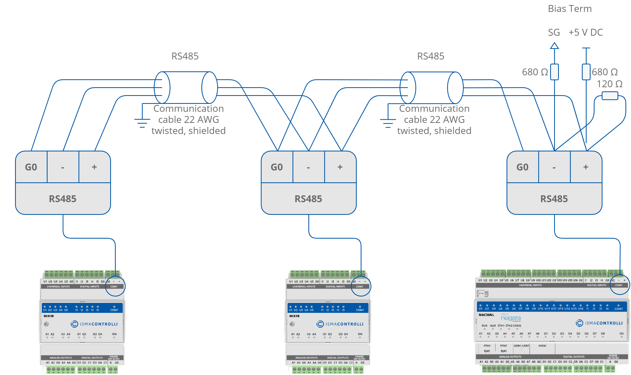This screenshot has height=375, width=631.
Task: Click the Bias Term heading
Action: pyautogui.click(x=569, y=9)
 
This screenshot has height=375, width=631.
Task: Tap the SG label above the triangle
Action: pyautogui.click(x=554, y=33)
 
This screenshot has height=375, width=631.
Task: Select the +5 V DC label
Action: pyautogui.click(x=586, y=33)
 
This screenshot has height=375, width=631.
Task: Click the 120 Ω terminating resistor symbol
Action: pyautogui.click(x=610, y=96)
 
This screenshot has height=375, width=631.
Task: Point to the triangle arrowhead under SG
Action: pyautogui.click(x=554, y=46)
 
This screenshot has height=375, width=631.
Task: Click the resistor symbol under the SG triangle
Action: pyautogui.click(x=554, y=72)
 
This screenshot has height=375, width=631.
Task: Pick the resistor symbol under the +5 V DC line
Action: pyautogui.click(x=586, y=72)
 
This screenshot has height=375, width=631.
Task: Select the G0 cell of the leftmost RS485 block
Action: pyautogui.click(x=31, y=167)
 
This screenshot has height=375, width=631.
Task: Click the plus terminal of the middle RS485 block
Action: pyautogui.click(x=340, y=167)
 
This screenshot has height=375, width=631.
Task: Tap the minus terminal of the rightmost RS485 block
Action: pyautogui.click(x=554, y=167)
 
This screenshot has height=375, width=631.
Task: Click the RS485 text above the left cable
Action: pyautogui.click(x=185, y=56)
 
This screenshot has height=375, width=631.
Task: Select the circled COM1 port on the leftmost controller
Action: pyautogui.click(x=115, y=286)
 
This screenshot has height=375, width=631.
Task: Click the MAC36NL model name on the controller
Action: pyautogui.click(x=486, y=315)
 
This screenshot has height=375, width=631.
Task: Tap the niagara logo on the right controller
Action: pyautogui.click(x=511, y=318)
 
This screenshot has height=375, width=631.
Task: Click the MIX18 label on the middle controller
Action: pyautogui.click(x=294, y=316)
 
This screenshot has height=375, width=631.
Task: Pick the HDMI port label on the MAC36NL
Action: pyautogui.click(x=542, y=346)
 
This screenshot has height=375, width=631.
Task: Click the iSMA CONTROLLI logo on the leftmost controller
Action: pyautogui.click(x=94, y=324)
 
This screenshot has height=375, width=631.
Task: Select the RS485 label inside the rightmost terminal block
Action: pyautogui.click(x=554, y=199)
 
